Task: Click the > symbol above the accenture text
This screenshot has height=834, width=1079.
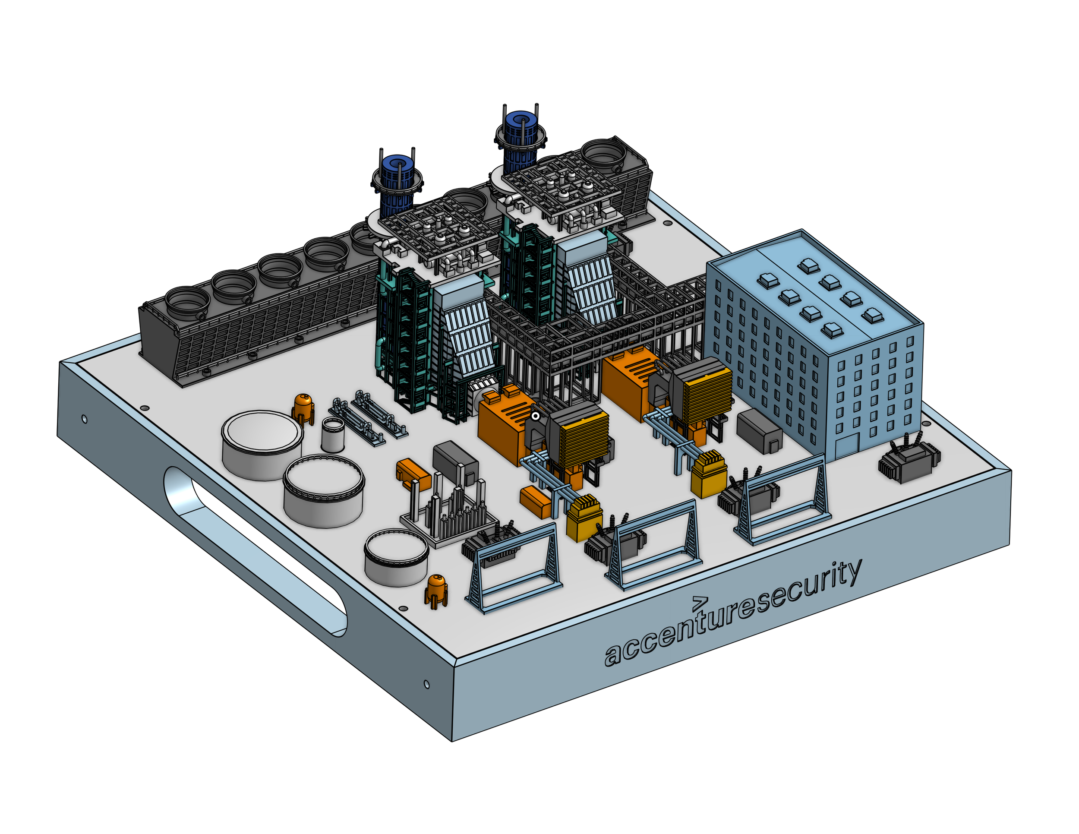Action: [700, 601]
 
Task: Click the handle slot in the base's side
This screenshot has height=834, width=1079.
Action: [255, 550]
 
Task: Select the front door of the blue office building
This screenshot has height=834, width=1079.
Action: [846, 447]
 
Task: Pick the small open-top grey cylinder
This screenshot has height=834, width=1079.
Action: [333, 434]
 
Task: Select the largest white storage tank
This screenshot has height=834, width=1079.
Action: [262, 445]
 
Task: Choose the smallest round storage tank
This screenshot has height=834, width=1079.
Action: [396, 557]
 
